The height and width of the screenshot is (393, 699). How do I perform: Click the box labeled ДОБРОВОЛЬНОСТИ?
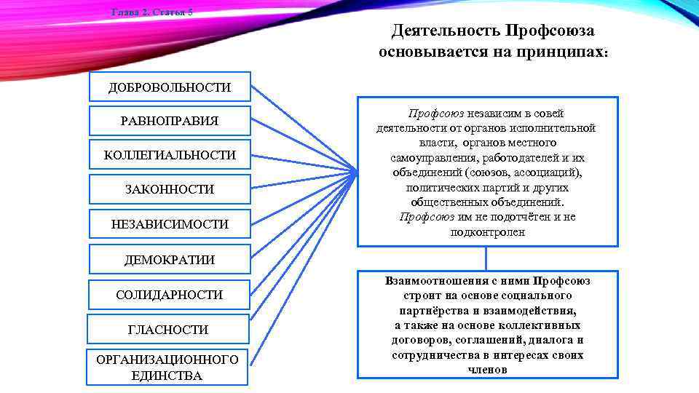(170, 87)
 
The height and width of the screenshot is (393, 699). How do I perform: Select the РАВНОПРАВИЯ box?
(170, 121)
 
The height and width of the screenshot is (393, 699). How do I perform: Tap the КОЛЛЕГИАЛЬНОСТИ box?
(170, 155)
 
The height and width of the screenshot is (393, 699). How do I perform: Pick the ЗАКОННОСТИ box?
(170, 189)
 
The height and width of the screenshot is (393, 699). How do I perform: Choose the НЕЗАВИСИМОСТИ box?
(170, 224)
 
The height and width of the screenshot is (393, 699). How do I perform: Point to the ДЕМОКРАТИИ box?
(170, 259)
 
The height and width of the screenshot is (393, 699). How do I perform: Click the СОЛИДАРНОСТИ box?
(170, 295)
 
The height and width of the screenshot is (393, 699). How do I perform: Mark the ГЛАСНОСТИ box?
(168, 330)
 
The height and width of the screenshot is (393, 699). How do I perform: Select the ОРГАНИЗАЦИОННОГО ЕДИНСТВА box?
(167, 368)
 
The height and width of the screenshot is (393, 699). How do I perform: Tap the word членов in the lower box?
(487, 370)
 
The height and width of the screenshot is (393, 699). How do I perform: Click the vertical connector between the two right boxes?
(487, 258)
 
